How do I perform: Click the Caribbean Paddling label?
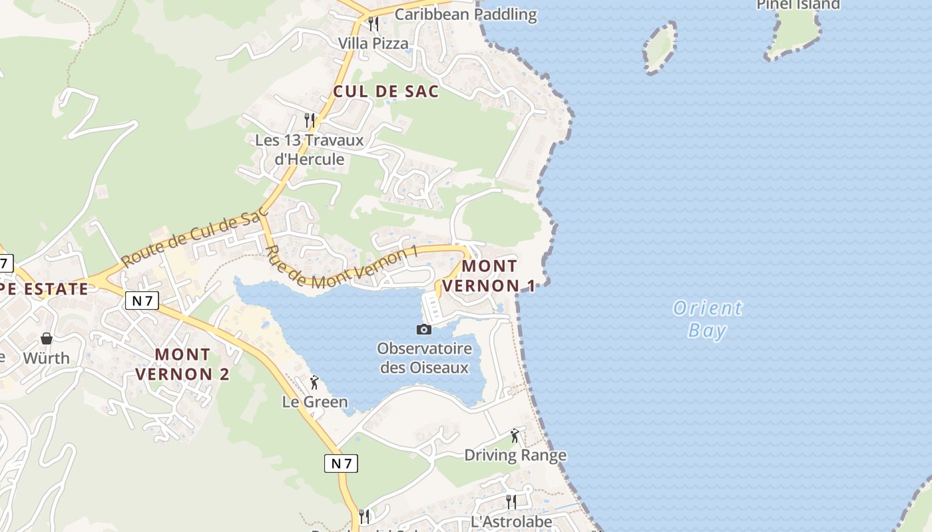pos(465,14)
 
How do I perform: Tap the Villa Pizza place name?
pos(373,44)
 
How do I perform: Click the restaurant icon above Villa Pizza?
pos(373,24)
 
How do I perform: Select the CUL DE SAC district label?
pos(386,92)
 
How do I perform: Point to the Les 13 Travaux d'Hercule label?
pos(310,150)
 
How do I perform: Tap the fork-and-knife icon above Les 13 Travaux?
pos(309,120)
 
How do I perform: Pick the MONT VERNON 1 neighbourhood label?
pos(489,276)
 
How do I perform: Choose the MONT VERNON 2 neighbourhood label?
pos(182,364)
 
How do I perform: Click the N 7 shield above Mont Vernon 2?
pos(142,301)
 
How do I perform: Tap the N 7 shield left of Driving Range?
pos(341,463)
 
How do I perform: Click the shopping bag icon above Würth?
pos(47,338)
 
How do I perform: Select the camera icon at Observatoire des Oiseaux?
pos(423,329)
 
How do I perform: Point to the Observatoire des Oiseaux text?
pos(424,358)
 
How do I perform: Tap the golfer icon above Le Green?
pos(314,382)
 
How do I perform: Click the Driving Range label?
pos(515,455)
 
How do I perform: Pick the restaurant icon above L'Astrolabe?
pos(511,501)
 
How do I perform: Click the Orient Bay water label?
pos(707,319)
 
